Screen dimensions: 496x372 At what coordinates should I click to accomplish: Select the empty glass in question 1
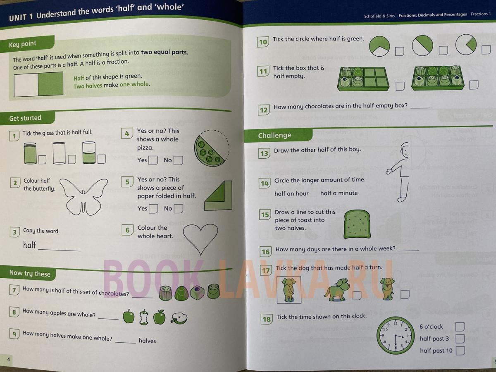(59, 153)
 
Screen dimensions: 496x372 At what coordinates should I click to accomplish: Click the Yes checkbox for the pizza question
(153, 160)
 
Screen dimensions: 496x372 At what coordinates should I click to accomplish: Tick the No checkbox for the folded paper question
(178, 208)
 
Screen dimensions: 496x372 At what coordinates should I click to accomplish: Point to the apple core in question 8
(144, 317)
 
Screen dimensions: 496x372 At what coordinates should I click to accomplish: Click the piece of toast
(357, 224)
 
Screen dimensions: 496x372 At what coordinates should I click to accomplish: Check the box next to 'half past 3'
(460, 339)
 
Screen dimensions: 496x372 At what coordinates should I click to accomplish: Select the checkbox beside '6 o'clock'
(460, 327)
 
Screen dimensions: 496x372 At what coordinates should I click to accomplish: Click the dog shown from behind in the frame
(289, 290)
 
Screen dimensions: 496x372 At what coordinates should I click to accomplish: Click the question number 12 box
(264, 110)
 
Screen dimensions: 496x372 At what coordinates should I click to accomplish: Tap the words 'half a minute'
(339, 193)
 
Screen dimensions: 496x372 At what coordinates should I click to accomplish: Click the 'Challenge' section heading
(274, 135)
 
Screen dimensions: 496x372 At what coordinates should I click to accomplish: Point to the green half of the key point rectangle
(50, 84)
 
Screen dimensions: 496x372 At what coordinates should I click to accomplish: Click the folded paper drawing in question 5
(218, 196)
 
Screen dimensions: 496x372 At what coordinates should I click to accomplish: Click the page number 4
(9, 359)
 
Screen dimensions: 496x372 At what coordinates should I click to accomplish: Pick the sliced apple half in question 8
(179, 318)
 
